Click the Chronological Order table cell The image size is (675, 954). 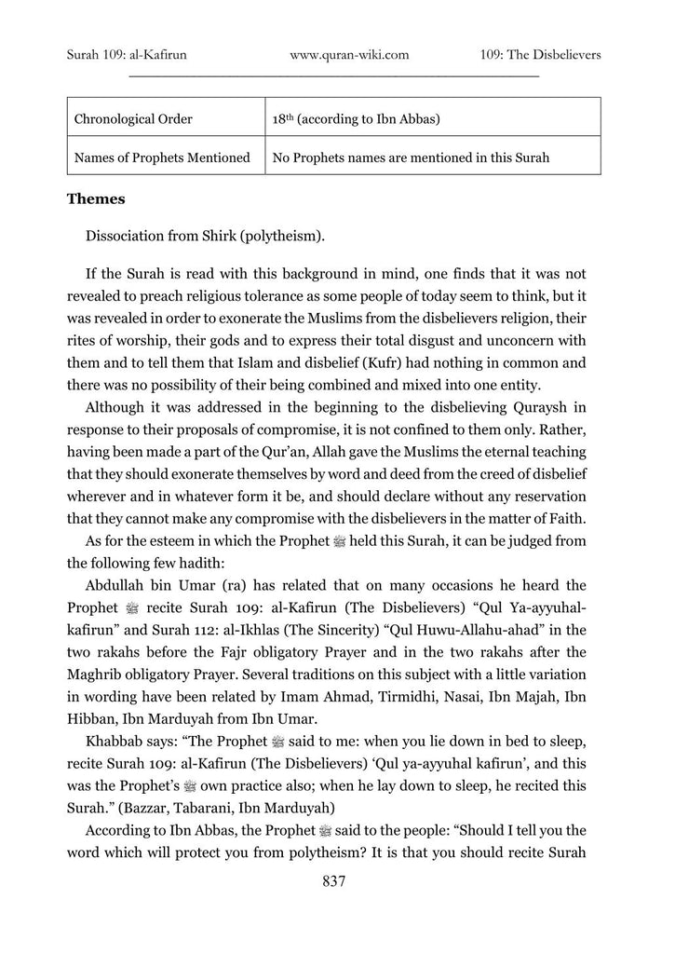pyautogui.click(x=134, y=119)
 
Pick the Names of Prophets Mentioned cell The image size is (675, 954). pyautogui.click(x=162, y=157)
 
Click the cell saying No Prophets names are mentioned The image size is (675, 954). pyautogui.click(x=411, y=157)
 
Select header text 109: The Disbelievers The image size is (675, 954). pyautogui.click(x=541, y=55)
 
